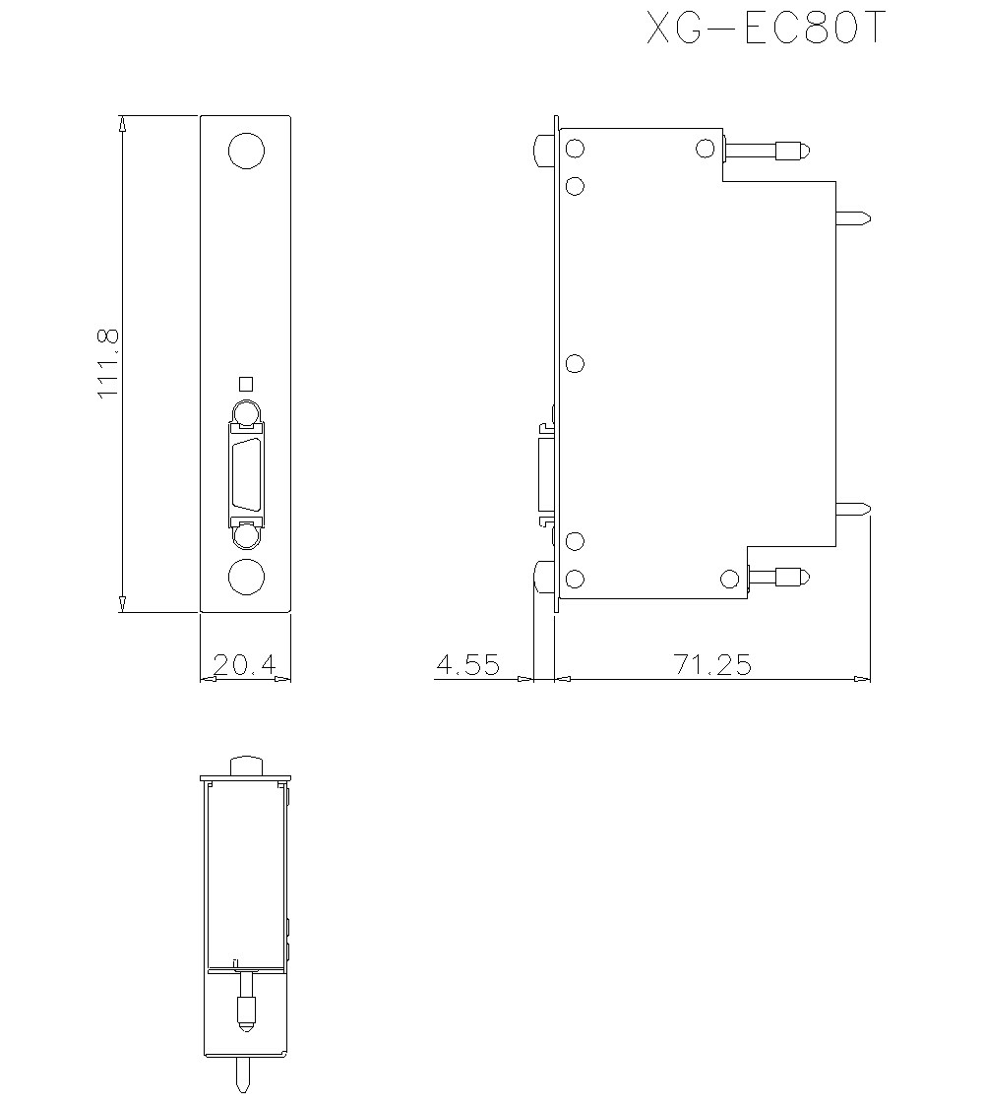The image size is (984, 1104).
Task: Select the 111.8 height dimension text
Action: tap(108, 363)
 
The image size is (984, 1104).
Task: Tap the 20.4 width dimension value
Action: tap(244, 665)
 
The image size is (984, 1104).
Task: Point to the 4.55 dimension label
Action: tap(467, 665)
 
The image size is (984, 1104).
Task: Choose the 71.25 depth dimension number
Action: tap(712, 665)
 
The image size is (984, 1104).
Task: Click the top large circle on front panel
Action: tap(246, 152)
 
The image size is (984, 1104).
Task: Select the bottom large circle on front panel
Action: tap(246, 578)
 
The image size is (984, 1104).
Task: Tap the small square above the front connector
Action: tap(246, 384)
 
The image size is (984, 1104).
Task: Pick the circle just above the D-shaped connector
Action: tap(246, 413)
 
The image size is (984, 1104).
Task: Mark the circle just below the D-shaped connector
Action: tap(246, 534)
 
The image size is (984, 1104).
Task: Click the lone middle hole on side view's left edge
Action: tap(576, 364)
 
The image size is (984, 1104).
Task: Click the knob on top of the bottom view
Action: tap(246, 765)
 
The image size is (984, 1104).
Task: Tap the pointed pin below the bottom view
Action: tap(244, 1074)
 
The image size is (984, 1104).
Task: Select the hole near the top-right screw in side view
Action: tap(705, 149)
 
